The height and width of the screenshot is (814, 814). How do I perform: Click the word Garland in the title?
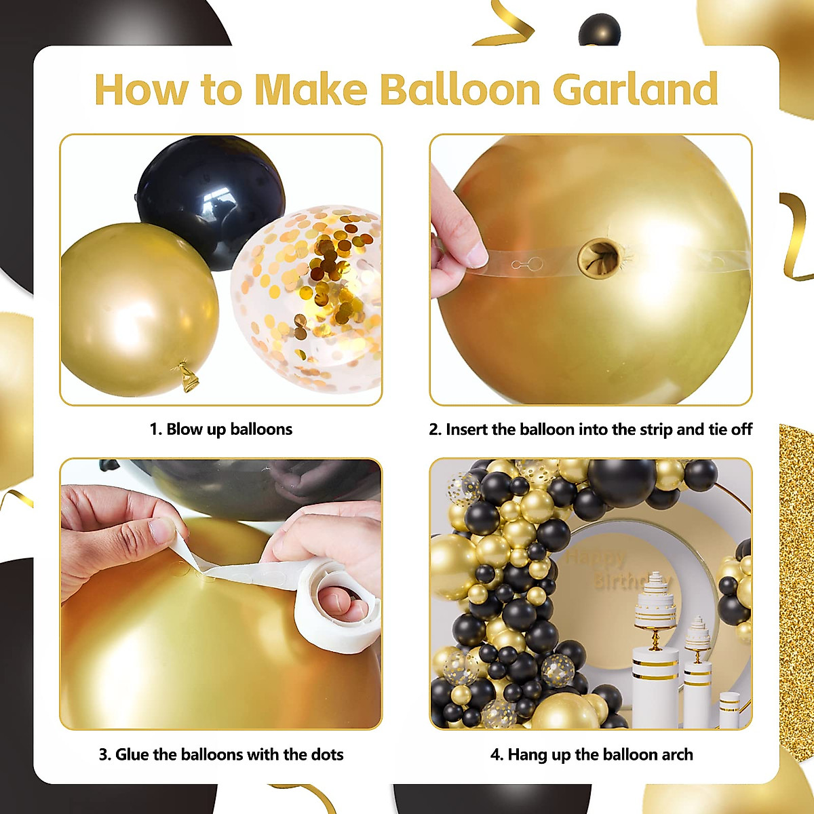[x=636, y=90]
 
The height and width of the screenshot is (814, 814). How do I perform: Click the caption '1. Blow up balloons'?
[x=221, y=429]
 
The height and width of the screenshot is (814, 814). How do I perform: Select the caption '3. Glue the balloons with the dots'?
[x=221, y=754]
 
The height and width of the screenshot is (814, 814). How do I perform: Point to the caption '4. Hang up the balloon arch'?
[x=592, y=754]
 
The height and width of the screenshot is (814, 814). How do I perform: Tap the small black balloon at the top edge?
[x=600, y=28]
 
